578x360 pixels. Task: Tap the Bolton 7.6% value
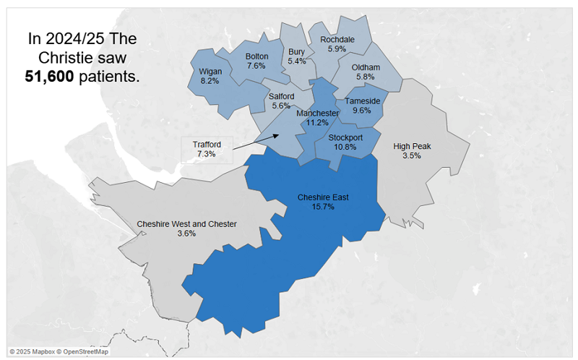tap(256, 66)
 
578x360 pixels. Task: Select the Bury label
tap(296, 52)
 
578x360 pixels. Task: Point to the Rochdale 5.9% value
tap(337, 49)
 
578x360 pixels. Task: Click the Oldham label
tap(366, 68)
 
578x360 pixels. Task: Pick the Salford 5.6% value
tap(280, 105)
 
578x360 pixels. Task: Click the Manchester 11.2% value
tap(318, 123)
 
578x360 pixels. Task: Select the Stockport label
tap(345, 137)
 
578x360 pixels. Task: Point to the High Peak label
tap(412, 146)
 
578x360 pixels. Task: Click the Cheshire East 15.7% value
tap(322, 207)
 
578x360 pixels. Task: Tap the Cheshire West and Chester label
tap(186, 224)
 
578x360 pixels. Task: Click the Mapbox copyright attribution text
tap(59, 352)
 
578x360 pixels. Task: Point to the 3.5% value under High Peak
tap(412, 155)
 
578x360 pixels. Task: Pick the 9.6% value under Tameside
tap(362, 111)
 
